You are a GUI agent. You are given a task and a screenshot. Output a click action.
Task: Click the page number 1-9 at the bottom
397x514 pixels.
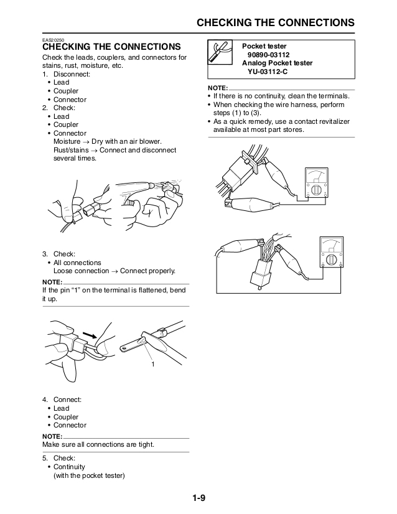pos(198,497)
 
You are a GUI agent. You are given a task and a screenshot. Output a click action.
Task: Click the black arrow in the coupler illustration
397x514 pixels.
pos(91,334)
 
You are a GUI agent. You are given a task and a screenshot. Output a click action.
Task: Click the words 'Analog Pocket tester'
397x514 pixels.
pos(277,63)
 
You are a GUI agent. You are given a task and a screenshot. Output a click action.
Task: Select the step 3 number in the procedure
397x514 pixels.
pos(45,255)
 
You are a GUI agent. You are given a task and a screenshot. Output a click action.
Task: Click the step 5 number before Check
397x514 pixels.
pos(45,459)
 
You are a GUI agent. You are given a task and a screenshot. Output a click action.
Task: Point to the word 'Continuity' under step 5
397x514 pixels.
pos(69,467)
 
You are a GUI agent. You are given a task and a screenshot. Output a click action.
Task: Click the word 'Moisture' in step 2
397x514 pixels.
pos(68,142)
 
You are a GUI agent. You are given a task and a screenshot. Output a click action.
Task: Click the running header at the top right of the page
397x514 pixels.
pos(275,23)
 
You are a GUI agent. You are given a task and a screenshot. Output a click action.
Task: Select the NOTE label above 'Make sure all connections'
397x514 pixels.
pos(52,436)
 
